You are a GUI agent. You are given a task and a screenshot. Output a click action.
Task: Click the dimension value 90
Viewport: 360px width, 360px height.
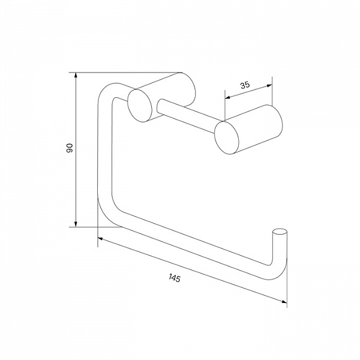point(70,148)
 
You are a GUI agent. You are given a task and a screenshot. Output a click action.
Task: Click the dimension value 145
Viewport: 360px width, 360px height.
point(175,278)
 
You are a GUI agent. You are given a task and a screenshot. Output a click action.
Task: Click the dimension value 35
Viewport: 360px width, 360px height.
point(245,85)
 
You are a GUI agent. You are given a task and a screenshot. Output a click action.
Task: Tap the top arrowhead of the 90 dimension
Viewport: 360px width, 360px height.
point(76,75)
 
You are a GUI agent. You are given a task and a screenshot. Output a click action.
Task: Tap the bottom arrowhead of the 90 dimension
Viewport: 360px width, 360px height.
point(76,224)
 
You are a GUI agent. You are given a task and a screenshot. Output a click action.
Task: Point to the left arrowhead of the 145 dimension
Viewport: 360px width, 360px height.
point(100,239)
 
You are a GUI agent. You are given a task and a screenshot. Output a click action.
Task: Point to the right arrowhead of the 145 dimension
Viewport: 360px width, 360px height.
point(284,302)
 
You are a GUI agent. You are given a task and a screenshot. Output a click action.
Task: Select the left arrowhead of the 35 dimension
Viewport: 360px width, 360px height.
point(227,98)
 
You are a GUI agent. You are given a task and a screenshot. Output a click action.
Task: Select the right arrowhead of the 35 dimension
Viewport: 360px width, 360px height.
point(269,86)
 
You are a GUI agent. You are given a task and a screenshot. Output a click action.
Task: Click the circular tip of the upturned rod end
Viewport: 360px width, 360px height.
point(280,232)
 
